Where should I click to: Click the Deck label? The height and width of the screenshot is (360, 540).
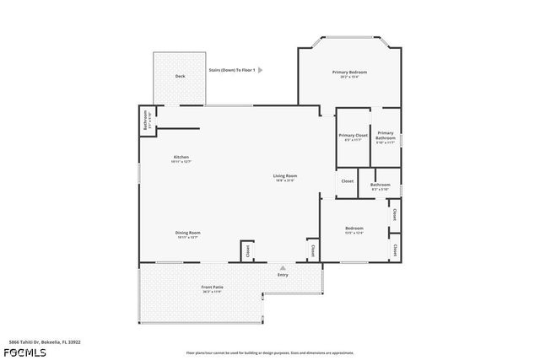(180, 76)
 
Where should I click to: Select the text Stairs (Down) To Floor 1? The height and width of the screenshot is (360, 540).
(231, 70)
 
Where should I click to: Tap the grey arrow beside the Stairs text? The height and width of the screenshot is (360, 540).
(261, 70)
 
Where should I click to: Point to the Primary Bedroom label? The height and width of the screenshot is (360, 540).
(349, 73)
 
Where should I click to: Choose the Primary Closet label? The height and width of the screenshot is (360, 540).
(354, 135)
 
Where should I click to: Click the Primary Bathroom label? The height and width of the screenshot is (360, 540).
(386, 135)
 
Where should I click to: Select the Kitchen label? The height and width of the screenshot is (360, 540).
(181, 157)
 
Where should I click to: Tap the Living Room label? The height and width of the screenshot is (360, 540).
(285, 175)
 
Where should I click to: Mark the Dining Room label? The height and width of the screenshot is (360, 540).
(187, 233)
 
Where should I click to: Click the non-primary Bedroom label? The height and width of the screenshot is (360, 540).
(354, 228)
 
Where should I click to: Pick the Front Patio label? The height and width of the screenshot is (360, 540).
(212, 287)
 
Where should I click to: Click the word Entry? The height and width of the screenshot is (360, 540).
(283, 274)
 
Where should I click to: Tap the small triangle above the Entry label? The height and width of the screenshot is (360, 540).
(283, 266)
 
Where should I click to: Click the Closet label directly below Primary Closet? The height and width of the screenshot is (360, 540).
(347, 180)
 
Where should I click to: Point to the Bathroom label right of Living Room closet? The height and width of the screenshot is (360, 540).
(380, 184)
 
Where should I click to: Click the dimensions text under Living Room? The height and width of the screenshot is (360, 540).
(285, 180)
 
